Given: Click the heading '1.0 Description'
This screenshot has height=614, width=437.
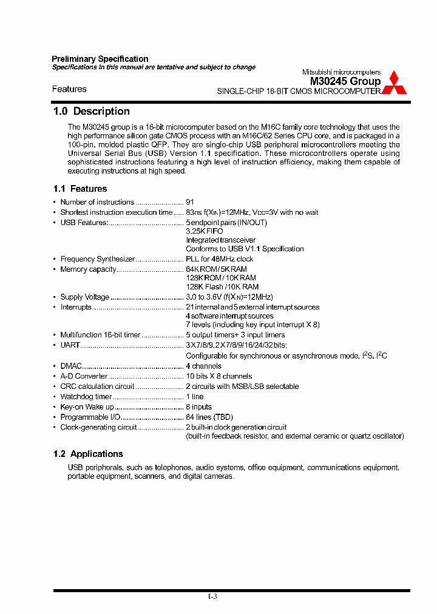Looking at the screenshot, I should point(92,111).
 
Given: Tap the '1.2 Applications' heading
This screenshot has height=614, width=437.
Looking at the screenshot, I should point(88,454).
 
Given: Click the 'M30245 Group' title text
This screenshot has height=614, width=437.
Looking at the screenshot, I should point(345,81).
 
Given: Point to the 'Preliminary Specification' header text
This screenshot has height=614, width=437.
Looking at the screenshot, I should point(100,59).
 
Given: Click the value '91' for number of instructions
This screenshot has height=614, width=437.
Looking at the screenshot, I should point(190,202).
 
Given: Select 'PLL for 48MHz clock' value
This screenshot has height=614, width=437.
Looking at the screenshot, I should point(219,259).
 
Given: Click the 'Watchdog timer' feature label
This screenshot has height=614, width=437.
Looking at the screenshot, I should point(86,397).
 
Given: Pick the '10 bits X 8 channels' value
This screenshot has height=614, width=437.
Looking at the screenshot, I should point(218,376).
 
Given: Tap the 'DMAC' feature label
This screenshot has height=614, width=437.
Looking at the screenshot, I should point(71,366).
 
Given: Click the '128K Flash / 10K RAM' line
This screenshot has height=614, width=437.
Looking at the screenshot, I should point(222,287).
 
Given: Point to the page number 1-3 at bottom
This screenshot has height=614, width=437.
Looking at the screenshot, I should point(212,597).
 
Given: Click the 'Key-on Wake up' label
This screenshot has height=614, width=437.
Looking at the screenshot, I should point(87,407).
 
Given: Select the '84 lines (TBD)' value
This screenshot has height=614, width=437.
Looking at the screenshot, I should point(209,417).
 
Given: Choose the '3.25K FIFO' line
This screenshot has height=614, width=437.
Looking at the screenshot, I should point(204,232).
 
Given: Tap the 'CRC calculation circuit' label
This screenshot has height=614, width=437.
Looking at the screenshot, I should point(97,386).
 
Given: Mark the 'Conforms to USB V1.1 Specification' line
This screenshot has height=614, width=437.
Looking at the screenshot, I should point(245,249).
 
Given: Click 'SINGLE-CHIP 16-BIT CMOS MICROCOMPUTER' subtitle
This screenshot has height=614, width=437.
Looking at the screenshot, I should point(299,92).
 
